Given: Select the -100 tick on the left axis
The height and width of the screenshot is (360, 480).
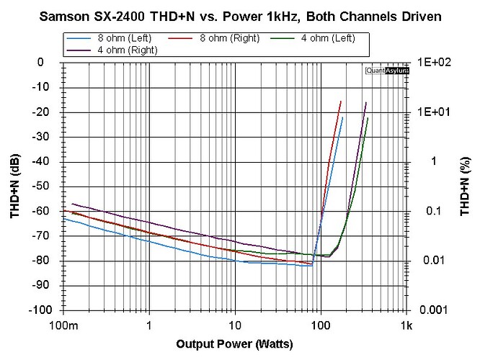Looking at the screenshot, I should point(45,310).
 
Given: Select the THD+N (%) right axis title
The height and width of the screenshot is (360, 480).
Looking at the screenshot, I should point(466,186).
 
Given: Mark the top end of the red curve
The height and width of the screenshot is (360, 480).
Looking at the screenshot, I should point(340,102).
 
